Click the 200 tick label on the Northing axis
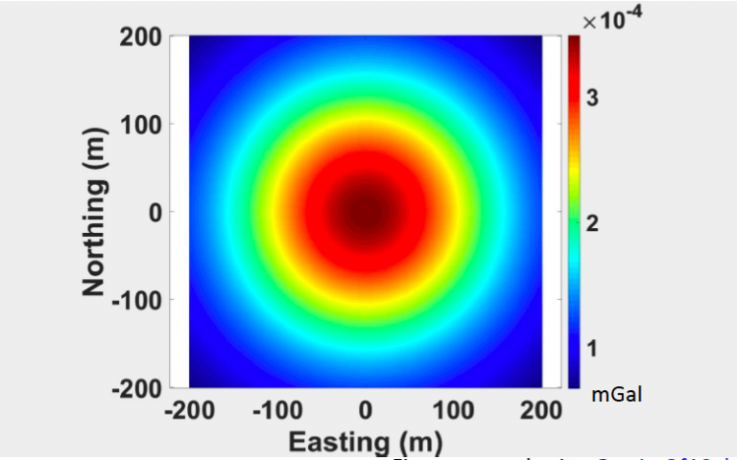(141, 36)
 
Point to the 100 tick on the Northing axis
(141, 124)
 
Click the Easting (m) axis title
(366, 442)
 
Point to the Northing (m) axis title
(94, 212)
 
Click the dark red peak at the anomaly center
(366, 207)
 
